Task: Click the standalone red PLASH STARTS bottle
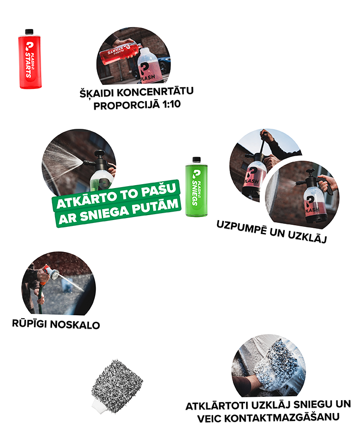[30, 61]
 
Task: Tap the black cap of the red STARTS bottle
[29, 31]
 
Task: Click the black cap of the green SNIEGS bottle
[196, 159]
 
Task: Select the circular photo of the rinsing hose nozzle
[58, 283]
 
